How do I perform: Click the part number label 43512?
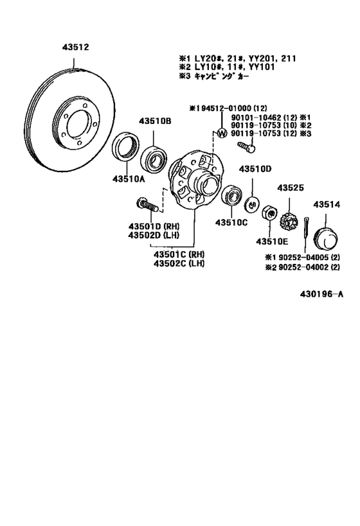(x=75, y=48)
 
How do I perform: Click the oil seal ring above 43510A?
(x=126, y=148)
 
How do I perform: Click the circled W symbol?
(x=222, y=133)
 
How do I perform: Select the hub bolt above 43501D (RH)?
(x=147, y=207)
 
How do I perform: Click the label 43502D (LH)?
(x=158, y=235)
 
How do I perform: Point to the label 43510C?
(x=231, y=222)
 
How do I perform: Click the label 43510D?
(x=255, y=169)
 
